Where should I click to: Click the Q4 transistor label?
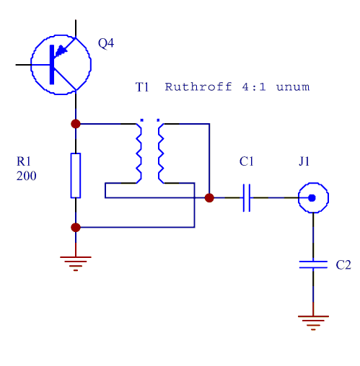[106, 43]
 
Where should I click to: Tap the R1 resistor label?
[24, 161]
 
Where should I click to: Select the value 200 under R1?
[26, 176]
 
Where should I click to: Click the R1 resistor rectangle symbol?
[76, 176]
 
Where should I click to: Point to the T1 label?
[142, 87]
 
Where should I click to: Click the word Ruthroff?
[198, 86]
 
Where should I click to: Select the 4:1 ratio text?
[254, 87]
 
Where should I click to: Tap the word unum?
[293, 87]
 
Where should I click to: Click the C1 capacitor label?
[247, 161]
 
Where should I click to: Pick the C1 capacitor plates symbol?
[247, 198]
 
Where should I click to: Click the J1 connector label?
[304, 161]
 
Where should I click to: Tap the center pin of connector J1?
[312, 198]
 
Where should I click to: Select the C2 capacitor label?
[343, 265]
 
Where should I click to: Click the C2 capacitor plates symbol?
[313, 264]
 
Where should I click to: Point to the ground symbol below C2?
[313, 323]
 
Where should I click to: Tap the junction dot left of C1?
[209, 198]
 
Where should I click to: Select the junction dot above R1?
[76, 124]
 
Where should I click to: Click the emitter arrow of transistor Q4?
[61, 50]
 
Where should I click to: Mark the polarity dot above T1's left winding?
[141, 120]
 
